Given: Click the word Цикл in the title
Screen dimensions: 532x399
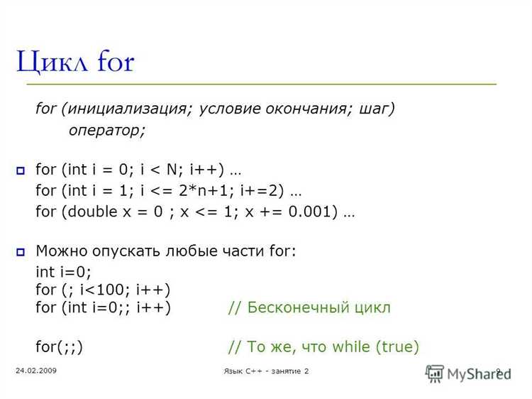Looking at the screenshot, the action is click(52, 62).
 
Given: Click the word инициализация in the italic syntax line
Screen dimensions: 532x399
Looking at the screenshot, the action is click(127, 109).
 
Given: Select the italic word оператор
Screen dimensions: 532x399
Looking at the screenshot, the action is click(104, 131).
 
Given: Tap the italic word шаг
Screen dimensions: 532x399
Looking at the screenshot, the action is click(374, 109).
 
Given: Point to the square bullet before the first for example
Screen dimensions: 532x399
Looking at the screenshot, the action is click(21, 170).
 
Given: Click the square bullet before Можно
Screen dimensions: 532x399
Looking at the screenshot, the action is click(21, 252).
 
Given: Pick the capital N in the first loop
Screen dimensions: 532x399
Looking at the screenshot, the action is click(172, 169).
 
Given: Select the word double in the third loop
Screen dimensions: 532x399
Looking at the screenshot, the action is click(93, 212).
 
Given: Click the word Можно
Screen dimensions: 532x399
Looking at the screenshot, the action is click(62, 251).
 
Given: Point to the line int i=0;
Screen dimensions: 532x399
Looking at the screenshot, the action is click(63, 272).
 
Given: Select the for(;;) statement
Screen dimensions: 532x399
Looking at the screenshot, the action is click(60, 346).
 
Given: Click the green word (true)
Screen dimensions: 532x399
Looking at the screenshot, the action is click(398, 346).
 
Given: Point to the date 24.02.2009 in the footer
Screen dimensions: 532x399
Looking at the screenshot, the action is click(36, 371).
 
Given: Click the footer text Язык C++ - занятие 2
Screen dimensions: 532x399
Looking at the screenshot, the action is click(266, 371).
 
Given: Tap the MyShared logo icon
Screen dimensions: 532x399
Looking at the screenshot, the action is click(435, 374).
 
